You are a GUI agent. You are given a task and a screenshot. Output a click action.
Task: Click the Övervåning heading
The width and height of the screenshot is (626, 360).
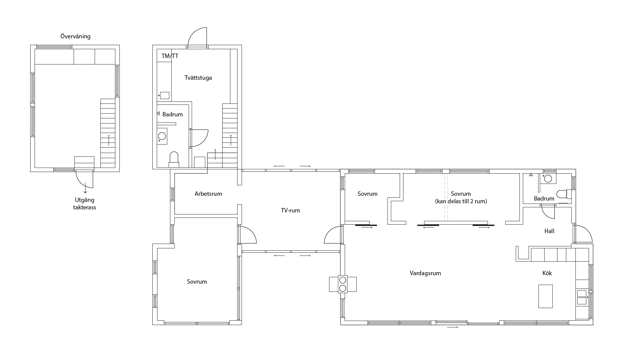click(x=75, y=36)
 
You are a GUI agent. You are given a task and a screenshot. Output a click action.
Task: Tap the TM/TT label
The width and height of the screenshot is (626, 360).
click(x=170, y=56)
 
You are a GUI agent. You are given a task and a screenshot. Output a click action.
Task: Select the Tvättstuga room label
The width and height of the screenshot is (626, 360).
click(x=198, y=78)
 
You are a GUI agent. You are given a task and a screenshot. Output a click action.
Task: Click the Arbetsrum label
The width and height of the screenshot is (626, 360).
click(x=208, y=194)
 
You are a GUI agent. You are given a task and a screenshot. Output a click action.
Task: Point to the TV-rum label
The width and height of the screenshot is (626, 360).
click(x=290, y=210)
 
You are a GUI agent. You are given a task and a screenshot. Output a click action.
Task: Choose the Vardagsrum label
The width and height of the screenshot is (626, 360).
click(x=425, y=273)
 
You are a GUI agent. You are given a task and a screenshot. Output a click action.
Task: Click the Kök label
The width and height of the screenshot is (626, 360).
click(x=547, y=273)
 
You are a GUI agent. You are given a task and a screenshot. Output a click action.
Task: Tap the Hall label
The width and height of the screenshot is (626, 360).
click(x=549, y=231)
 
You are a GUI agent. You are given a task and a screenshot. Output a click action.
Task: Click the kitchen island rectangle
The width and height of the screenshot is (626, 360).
click(x=546, y=296)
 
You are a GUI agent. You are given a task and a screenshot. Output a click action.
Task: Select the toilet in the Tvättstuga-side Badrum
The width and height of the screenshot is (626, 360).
click(x=174, y=159)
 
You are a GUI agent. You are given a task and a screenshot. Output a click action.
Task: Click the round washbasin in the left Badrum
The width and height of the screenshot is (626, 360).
click(x=162, y=136)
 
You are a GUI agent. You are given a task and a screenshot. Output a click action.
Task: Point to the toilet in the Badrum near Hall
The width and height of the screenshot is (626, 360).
click(x=565, y=194)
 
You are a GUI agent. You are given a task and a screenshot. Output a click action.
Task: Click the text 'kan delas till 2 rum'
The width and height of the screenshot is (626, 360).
click(x=461, y=201)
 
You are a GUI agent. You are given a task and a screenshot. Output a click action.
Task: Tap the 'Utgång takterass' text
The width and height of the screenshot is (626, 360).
click(x=84, y=204)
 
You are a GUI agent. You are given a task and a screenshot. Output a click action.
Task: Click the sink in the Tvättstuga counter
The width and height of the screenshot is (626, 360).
click(x=165, y=95)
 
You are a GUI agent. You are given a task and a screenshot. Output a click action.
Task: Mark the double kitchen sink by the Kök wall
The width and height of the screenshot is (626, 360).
click(x=582, y=297)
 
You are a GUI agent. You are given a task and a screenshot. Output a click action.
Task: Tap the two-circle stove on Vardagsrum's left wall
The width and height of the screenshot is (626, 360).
click(x=343, y=284)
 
